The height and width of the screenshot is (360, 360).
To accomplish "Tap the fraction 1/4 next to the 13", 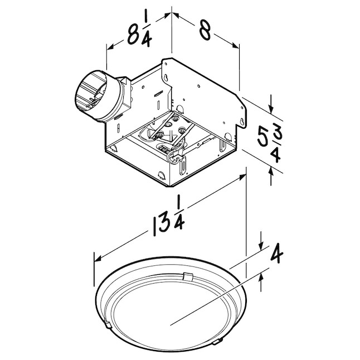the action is pos(179,213).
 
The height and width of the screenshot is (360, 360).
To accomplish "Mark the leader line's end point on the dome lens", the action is pos(170,323).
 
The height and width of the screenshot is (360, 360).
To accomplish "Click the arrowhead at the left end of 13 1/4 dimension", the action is pos(96,259).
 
